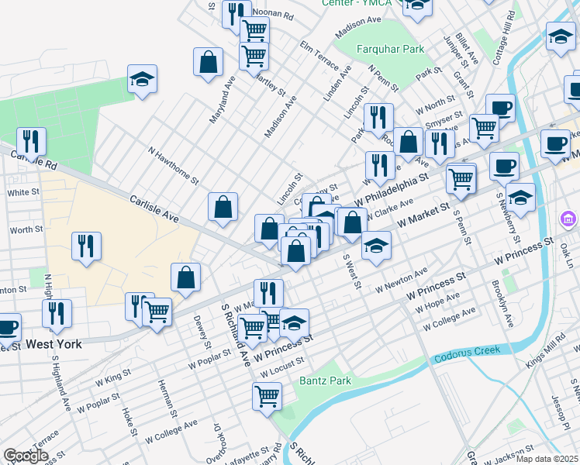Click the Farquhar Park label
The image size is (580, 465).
click(x=390, y=50)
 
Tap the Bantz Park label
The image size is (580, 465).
click(x=325, y=381)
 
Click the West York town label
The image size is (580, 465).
click(x=54, y=343)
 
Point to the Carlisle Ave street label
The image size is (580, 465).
click(x=154, y=209)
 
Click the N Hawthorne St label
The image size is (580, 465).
click(x=171, y=164)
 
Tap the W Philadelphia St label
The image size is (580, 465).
click(x=391, y=190)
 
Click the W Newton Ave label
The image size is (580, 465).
click(x=401, y=280)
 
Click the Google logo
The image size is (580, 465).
click(x=26, y=456)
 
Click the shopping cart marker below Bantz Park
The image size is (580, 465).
click(x=267, y=395)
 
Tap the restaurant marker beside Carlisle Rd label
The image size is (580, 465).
click(x=31, y=141)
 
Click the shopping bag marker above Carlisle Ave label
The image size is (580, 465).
click(x=223, y=206)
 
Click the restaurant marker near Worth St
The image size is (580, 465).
click(x=86, y=246)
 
